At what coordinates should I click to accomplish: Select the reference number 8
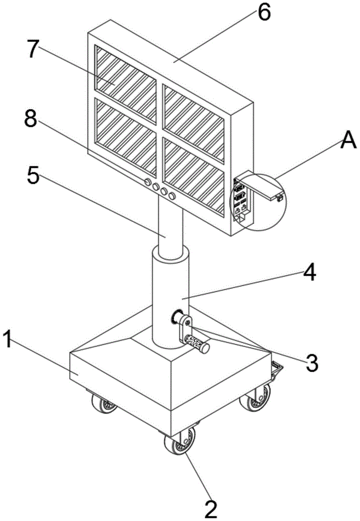pyautogui.click(x=31, y=119)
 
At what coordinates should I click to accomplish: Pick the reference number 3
pyautogui.click(x=312, y=362)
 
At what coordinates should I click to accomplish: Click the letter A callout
pyautogui.click(x=347, y=141)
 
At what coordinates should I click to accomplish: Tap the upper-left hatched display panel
pyautogui.click(x=126, y=84)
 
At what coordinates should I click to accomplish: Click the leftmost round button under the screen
pyautogui.click(x=147, y=182)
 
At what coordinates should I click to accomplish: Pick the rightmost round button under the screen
pyautogui.click(x=172, y=196)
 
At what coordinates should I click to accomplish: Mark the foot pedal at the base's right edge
pyautogui.click(x=277, y=370)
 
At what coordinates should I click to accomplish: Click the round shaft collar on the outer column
pyautogui.click(x=177, y=317)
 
